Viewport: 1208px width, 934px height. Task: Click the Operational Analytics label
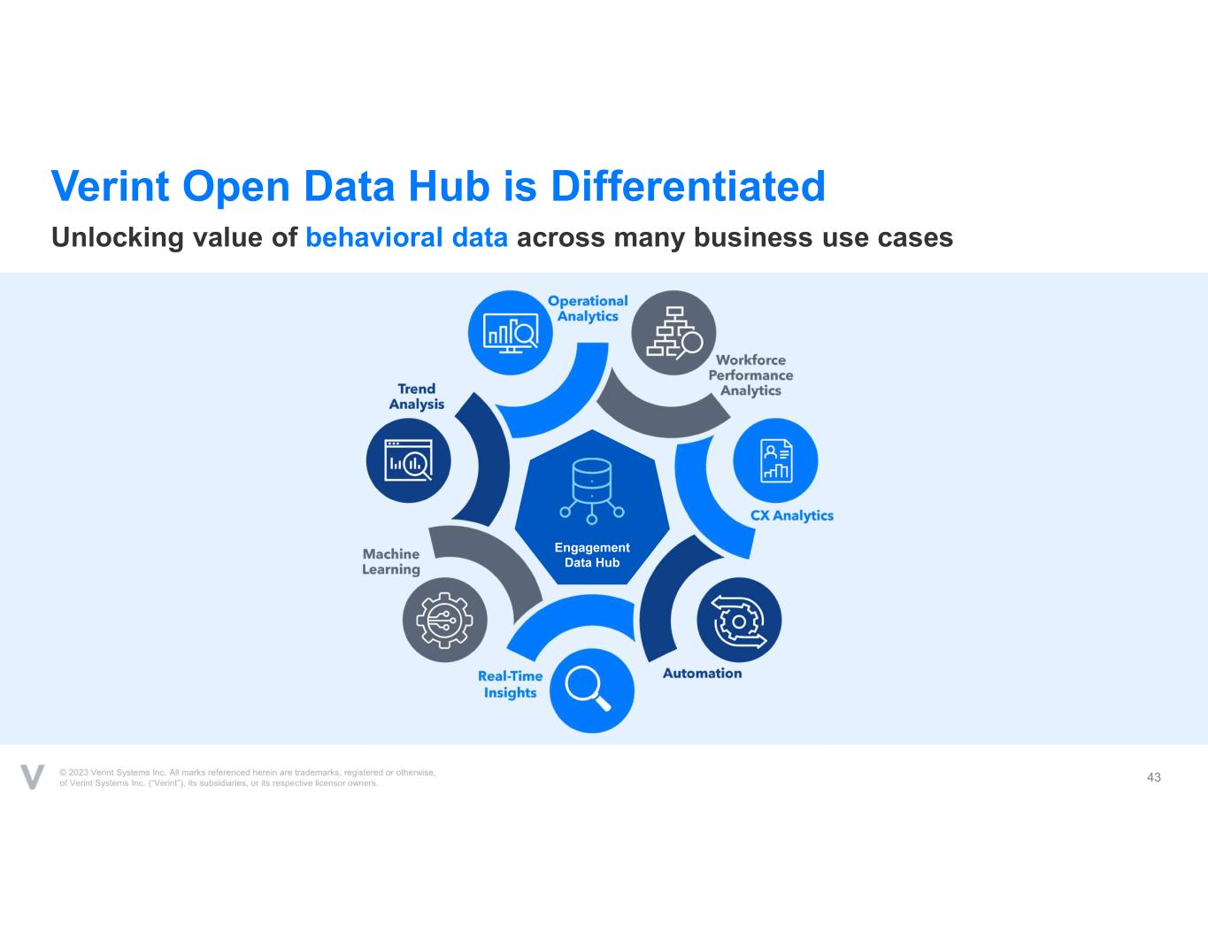click(588, 309)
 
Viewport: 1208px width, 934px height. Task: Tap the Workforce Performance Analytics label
click(750, 375)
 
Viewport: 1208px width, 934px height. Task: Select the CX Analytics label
click(792, 515)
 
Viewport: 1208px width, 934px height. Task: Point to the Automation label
click(702, 673)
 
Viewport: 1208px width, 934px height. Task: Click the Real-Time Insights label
click(511, 684)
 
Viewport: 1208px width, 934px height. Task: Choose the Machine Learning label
click(391, 561)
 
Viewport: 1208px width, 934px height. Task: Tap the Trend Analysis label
click(416, 397)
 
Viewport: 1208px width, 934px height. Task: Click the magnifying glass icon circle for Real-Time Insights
click(592, 691)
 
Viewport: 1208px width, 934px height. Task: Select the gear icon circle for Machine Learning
click(445, 620)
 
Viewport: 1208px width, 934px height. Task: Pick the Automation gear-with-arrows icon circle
click(739, 620)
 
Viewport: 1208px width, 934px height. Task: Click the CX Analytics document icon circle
click(775, 461)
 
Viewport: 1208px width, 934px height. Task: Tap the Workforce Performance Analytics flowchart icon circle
click(673, 333)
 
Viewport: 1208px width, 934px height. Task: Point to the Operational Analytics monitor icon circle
click(511, 333)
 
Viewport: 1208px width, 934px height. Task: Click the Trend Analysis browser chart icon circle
click(409, 461)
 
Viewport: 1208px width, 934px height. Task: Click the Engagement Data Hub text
click(592, 555)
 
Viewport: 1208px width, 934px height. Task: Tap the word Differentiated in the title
click(688, 186)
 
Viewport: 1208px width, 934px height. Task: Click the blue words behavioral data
click(407, 237)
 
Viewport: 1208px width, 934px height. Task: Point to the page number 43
click(1153, 777)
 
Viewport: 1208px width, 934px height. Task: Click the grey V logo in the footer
click(32, 776)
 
